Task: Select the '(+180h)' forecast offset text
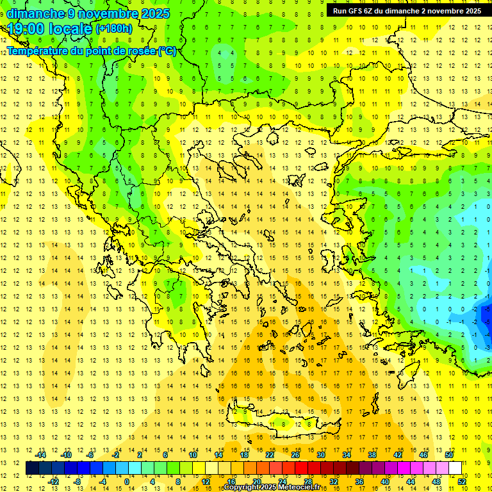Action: pyautogui.click(x=114, y=28)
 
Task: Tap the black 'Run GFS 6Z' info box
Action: pyautogui.click(x=407, y=11)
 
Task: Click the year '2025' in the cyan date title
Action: pyautogui.click(x=153, y=13)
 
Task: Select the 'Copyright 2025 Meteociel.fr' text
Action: pyautogui.click(x=272, y=487)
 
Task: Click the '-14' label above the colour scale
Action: pyautogui.click(x=40, y=455)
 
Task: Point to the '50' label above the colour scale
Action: pyautogui.click(x=448, y=455)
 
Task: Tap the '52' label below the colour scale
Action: pyautogui.click(x=461, y=481)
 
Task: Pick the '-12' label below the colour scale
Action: pyautogui.click(x=53, y=481)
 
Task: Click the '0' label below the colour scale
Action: pyautogui.click(x=127, y=481)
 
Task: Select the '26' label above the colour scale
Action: pyautogui.click(x=295, y=455)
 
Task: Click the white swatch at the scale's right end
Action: pyautogui.click(x=455, y=468)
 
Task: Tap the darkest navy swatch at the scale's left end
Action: pyautogui.click(x=32, y=468)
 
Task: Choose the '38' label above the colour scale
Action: pyautogui.click(x=372, y=455)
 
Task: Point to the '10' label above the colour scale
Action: pyautogui.click(x=193, y=455)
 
